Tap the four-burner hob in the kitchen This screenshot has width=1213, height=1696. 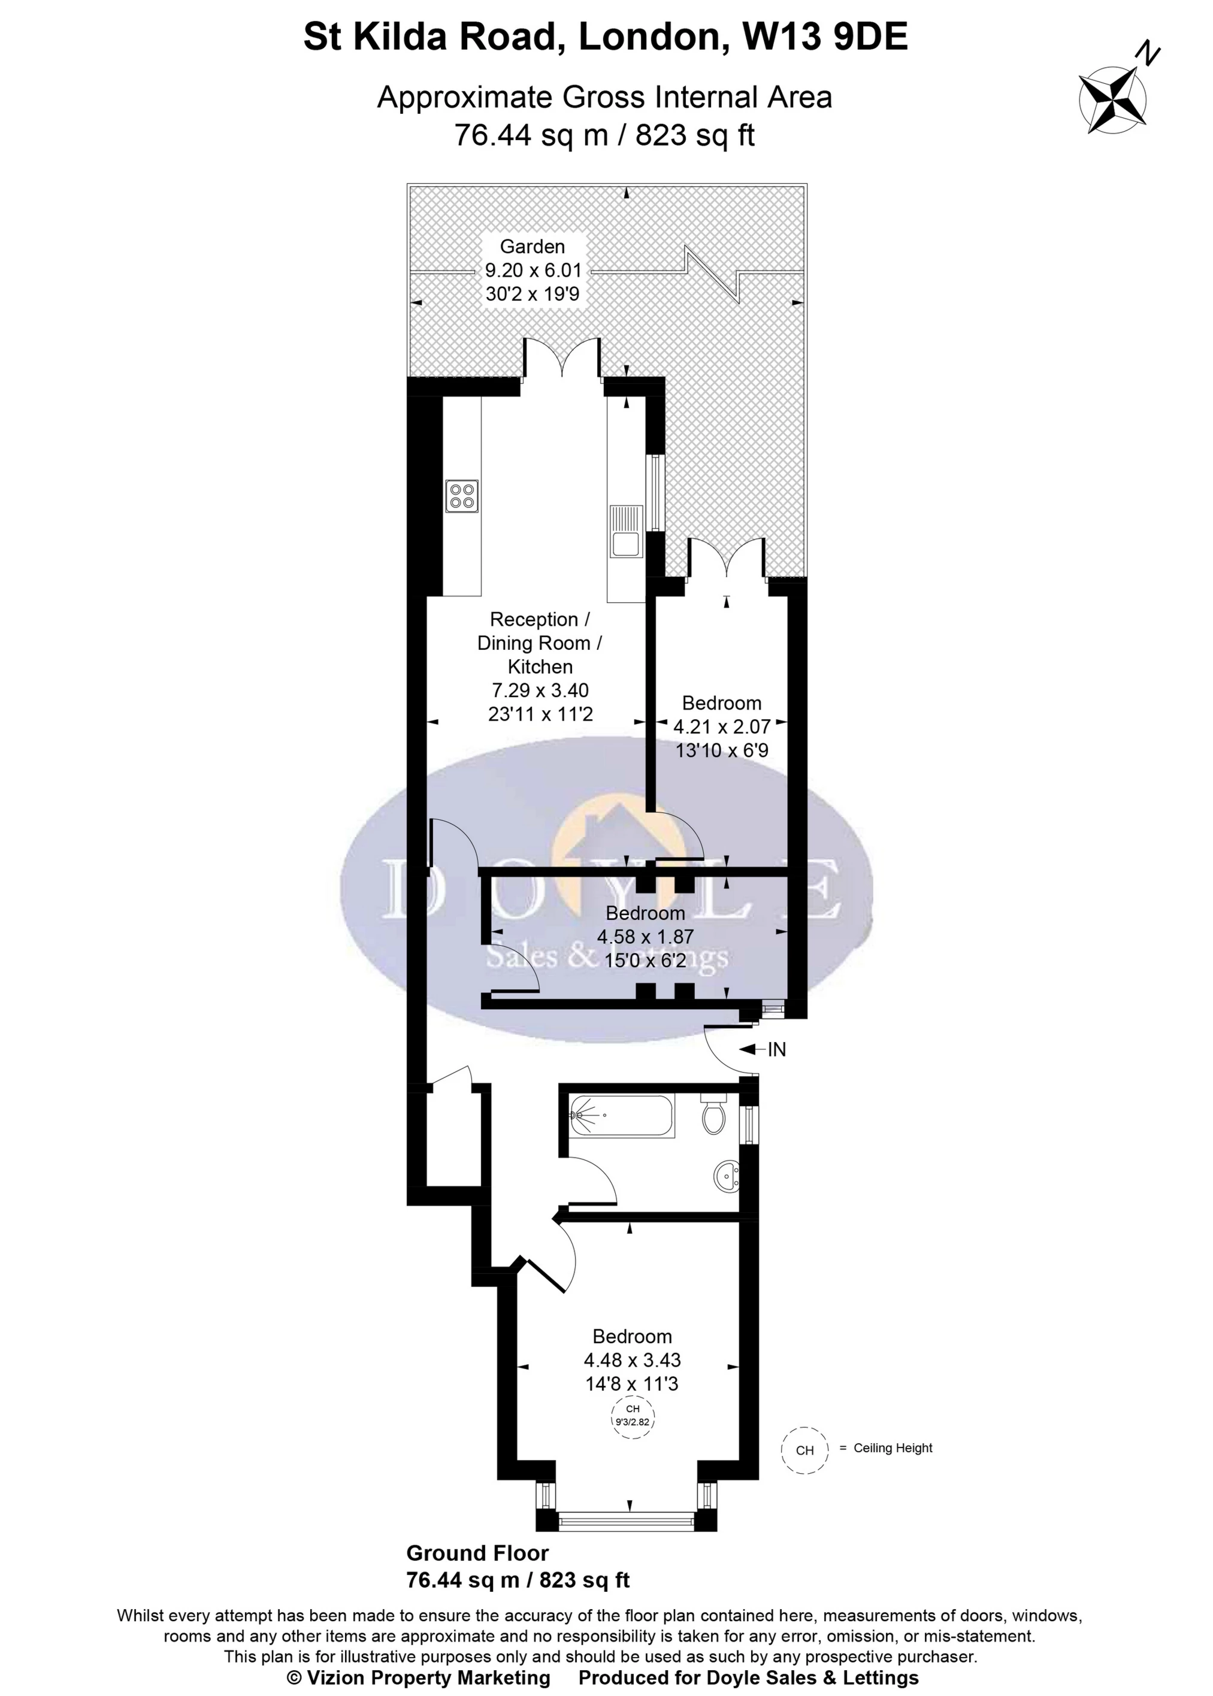(x=462, y=496)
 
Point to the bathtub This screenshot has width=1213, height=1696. (x=621, y=1116)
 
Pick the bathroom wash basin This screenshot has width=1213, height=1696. (x=727, y=1177)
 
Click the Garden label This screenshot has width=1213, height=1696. (x=532, y=247)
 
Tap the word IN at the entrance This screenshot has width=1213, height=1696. (x=777, y=1050)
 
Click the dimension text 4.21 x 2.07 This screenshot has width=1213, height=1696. (x=722, y=726)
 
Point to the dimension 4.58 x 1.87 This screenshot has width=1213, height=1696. (x=645, y=937)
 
